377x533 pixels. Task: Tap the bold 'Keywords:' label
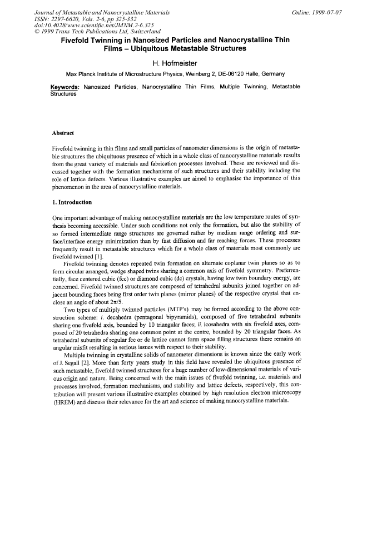(x=65, y=87)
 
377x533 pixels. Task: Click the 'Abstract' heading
(x=63, y=133)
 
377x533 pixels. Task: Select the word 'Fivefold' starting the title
(x=78, y=41)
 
